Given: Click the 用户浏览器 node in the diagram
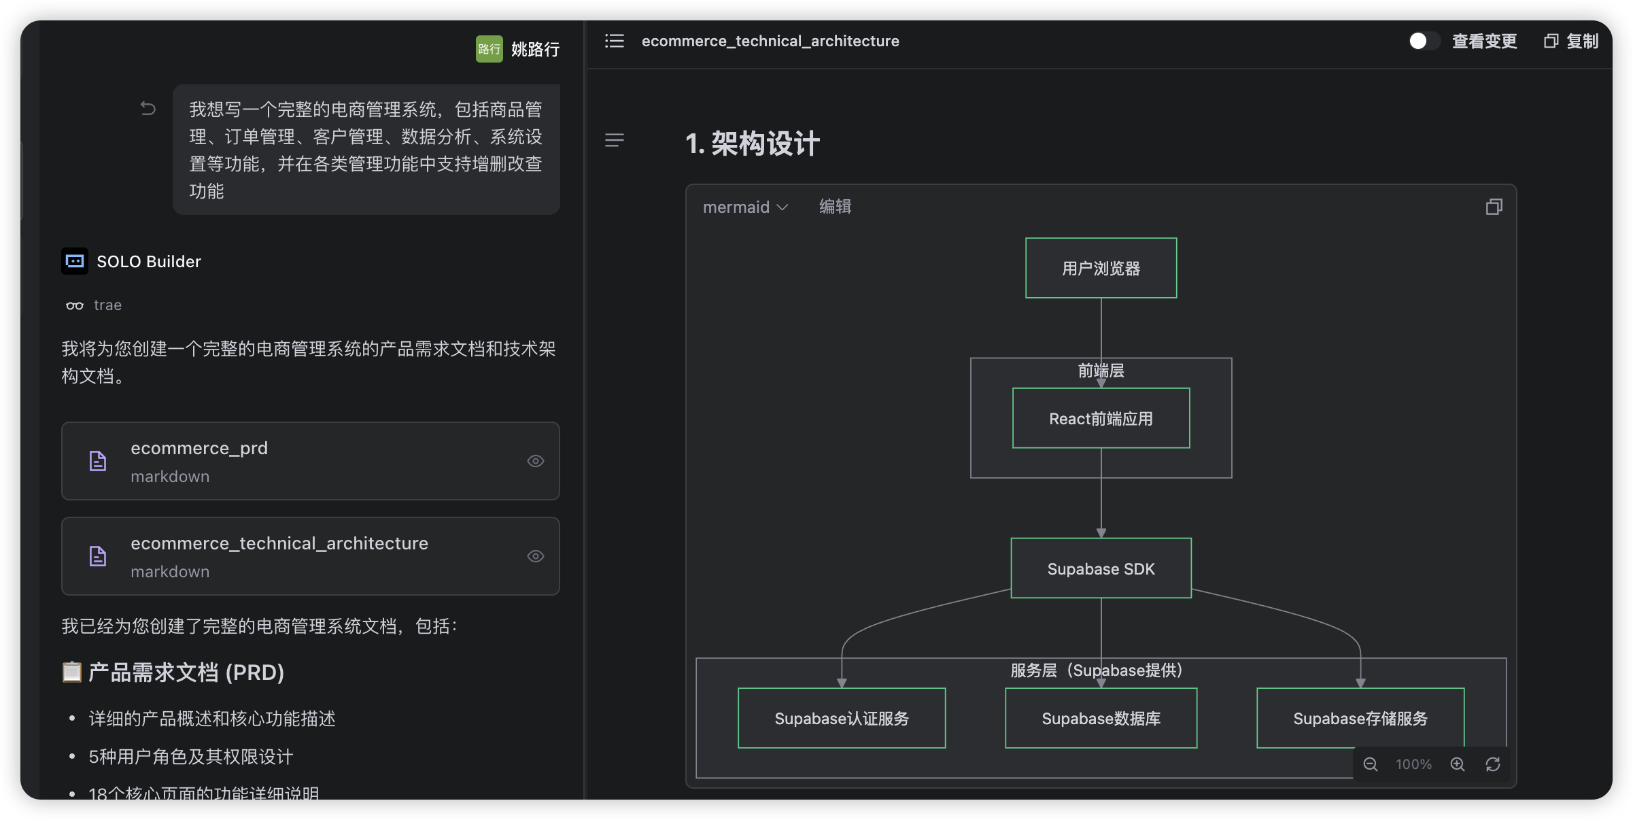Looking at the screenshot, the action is point(1101,268).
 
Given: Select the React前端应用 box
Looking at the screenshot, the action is point(1101,418).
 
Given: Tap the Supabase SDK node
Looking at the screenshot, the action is point(1101,568).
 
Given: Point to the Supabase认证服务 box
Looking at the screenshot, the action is point(842,718).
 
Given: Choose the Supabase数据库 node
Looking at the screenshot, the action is point(1101,718).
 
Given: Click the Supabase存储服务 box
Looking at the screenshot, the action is point(1360,718).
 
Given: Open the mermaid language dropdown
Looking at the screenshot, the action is point(745,207).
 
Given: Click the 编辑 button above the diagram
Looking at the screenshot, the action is point(835,207).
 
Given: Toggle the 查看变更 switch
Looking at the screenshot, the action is point(1424,41).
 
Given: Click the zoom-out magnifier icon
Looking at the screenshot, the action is point(1371,764).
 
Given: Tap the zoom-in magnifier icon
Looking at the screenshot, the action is point(1458,764).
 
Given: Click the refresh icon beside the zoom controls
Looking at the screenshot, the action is point(1493,764).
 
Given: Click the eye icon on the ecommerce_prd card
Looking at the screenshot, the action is point(536,461).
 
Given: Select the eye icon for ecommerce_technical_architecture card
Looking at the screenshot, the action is point(536,556).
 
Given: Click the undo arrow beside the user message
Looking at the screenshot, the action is point(148,108).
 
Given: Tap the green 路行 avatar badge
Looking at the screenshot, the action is point(489,49).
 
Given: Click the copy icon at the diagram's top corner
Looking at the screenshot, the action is point(1494,207).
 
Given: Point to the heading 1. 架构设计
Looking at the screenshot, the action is point(753,143).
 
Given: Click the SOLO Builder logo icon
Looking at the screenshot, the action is point(75,261).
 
